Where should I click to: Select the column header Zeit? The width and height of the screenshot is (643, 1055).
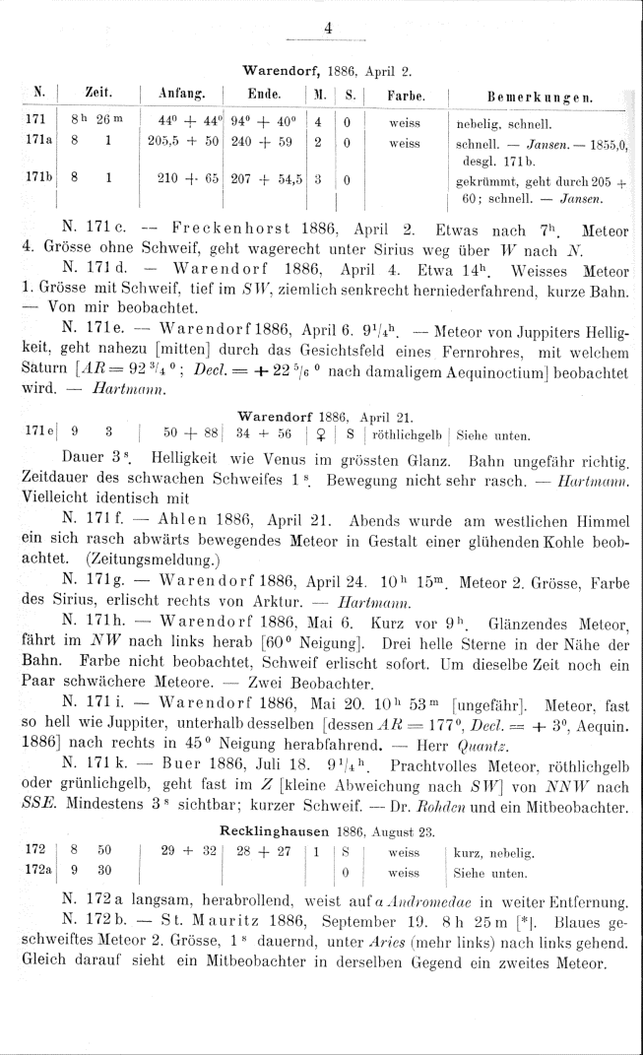97,95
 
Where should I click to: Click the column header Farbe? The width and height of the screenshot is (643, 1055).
405,96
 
